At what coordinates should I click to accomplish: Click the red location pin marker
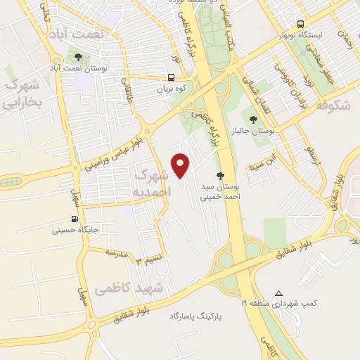click(181, 165)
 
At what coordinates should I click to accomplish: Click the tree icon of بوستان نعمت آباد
click(77, 58)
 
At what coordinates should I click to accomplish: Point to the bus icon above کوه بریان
click(172, 78)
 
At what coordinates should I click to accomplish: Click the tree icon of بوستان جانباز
click(252, 119)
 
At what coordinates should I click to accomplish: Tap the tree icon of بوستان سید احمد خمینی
click(221, 176)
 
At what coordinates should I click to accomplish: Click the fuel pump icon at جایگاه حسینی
click(75, 219)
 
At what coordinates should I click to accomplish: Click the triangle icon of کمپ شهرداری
click(279, 293)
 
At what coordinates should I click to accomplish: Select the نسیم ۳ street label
click(148, 260)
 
